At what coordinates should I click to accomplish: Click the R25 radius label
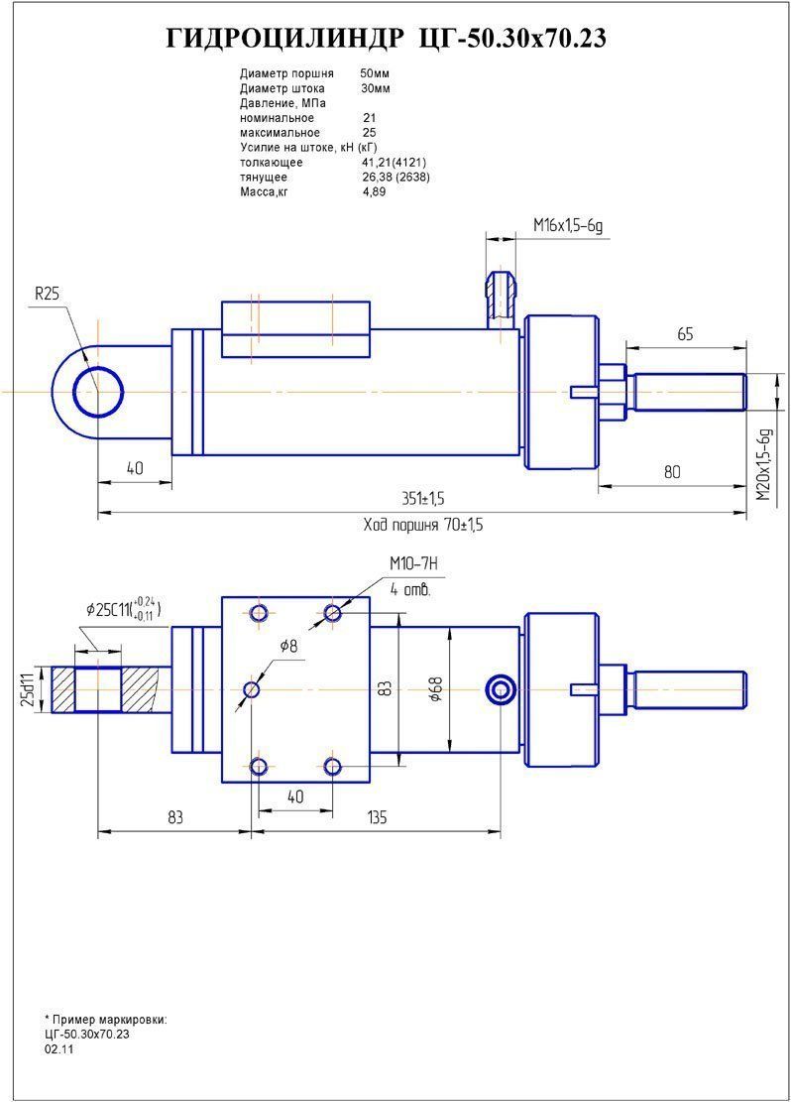click(x=48, y=294)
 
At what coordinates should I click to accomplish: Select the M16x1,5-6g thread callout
click(x=567, y=226)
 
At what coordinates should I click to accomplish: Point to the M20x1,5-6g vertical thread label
click(x=762, y=463)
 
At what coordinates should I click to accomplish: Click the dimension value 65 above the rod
click(x=685, y=334)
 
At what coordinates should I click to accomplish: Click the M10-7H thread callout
click(x=414, y=565)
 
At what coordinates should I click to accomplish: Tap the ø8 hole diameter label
click(x=289, y=646)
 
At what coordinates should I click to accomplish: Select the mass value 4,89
click(x=375, y=191)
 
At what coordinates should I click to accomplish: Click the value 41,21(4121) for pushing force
click(x=395, y=162)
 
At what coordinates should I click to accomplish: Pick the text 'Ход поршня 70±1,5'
click(x=423, y=525)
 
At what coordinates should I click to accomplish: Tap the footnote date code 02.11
click(x=58, y=1048)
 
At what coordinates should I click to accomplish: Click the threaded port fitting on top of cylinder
click(x=502, y=296)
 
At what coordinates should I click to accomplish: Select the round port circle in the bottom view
click(x=502, y=689)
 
